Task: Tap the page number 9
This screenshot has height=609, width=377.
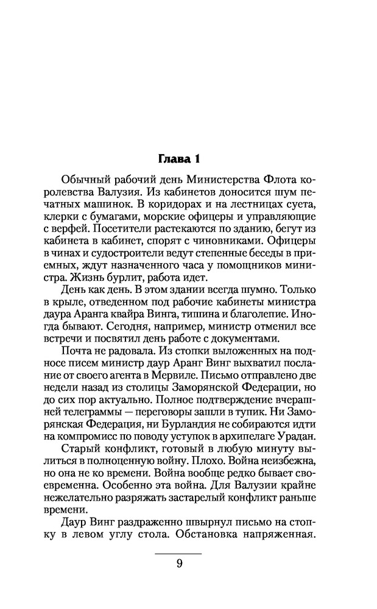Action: click(x=179, y=563)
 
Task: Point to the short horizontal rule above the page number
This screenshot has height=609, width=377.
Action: click(x=179, y=553)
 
